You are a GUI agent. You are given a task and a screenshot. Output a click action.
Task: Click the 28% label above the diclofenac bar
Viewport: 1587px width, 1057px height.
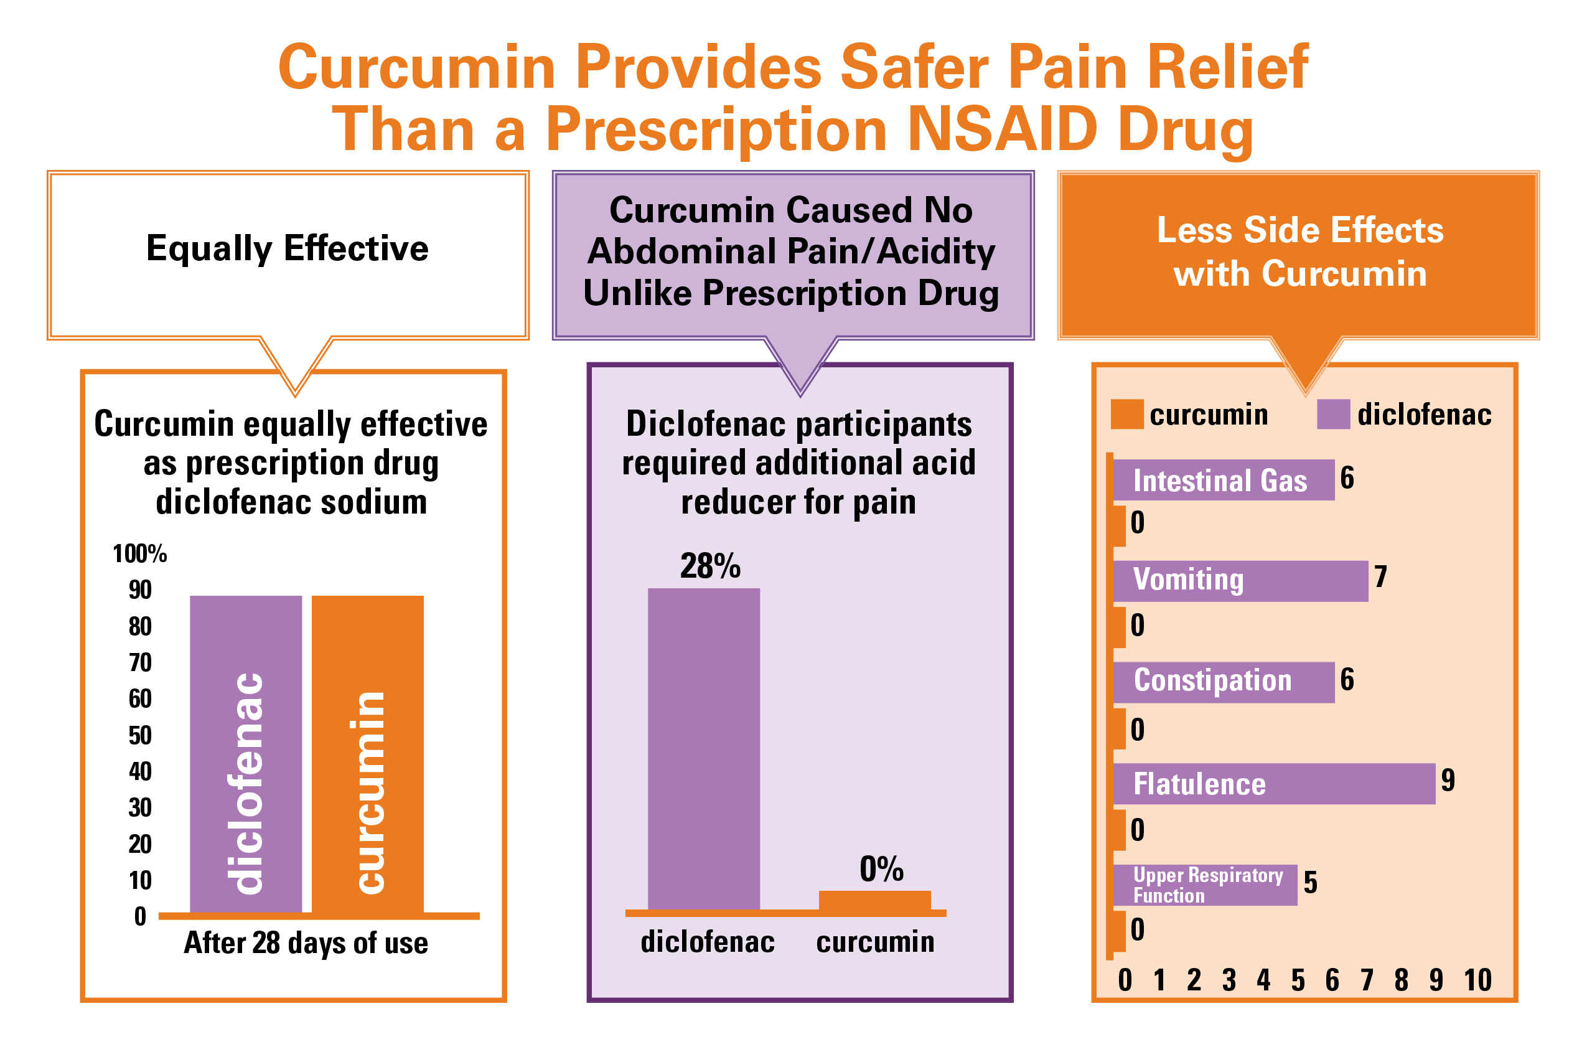(709, 566)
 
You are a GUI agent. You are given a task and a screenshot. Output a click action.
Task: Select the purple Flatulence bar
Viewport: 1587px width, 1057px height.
(1273, 783)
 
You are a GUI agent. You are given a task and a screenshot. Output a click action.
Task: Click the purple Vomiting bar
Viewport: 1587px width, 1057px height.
(1240, 580)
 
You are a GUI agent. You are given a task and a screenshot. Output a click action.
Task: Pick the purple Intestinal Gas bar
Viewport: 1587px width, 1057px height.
(1223, 480)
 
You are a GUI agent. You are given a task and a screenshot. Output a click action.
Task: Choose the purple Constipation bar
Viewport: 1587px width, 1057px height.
(1223, 682)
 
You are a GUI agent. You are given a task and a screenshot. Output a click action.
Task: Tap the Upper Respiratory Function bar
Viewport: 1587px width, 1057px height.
(1204, 885)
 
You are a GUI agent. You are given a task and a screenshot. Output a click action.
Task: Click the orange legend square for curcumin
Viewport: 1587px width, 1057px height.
(1126, 414)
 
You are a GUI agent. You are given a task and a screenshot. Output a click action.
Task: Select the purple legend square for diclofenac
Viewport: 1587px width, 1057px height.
(1333, 414)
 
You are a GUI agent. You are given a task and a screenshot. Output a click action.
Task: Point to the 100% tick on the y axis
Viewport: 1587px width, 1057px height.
(139, 553)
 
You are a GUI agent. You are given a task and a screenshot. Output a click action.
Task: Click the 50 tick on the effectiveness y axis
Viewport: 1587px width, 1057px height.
(140, 735)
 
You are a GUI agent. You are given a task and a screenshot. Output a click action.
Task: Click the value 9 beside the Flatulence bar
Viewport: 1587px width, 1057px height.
(1448, 780)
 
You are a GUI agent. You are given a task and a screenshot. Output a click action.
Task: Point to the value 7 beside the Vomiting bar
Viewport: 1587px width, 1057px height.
(1380, 577)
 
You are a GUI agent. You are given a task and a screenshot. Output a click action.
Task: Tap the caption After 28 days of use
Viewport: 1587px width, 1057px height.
(306, 942)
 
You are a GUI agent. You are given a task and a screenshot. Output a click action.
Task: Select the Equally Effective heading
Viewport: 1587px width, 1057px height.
(287, 248)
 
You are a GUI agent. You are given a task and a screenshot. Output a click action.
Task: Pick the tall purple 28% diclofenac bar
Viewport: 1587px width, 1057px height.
(703, 749)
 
